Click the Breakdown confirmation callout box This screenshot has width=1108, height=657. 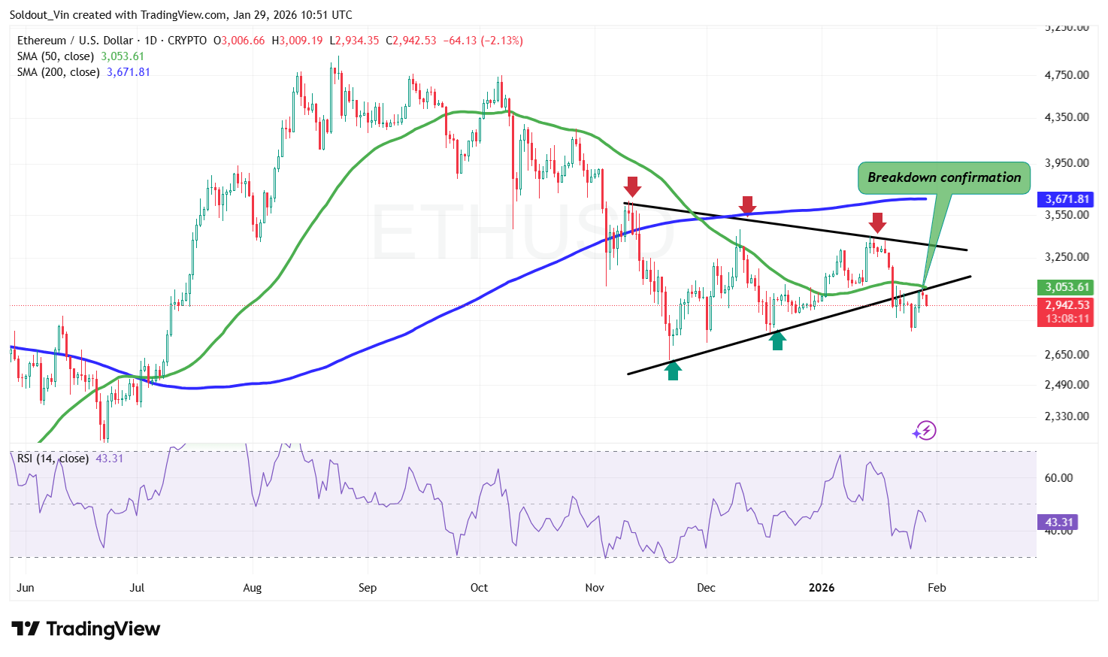[x=943, y=178]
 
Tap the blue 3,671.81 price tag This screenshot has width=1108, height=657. [x=1067, y=199]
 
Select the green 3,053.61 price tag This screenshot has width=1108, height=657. [x=1067, y=287]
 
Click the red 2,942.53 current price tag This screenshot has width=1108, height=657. [x=1067, y=305]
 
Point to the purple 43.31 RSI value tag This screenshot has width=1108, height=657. [x=1058, y=522]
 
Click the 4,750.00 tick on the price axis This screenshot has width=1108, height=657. [x=1067, y=75]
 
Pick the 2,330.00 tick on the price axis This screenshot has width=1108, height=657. [x=1067, y=416]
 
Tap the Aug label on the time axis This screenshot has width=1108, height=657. [x=253, y=588]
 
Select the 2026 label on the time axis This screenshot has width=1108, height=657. [x=822, y=588]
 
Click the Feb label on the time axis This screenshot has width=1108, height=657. [x=937, y=588]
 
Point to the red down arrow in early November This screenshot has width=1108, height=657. [x=632, y=186]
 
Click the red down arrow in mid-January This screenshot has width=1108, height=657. [x=877, y=223]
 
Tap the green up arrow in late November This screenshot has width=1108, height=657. [x=673, y=370]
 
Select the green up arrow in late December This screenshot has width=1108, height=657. [x=777, y=341]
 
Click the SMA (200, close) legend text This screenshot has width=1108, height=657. [x=59, y=72]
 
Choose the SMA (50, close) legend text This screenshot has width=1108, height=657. [x=56, y=56]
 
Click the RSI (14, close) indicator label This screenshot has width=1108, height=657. [x=53, y=459]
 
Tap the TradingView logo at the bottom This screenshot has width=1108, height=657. [x=86, y=629]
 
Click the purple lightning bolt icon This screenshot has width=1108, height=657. [x=925, y=431]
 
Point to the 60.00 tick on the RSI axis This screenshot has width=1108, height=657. [x=1059, y=478]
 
